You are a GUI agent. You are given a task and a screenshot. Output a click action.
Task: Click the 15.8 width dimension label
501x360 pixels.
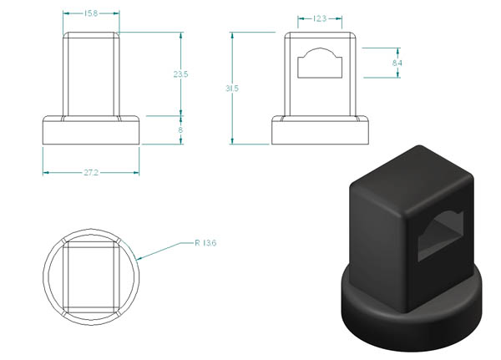coord(91,13)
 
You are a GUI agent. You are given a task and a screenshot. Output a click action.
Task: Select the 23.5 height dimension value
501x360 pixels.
coord(181,74)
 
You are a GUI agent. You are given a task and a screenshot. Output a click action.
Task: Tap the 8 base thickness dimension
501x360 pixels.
coord(180,129)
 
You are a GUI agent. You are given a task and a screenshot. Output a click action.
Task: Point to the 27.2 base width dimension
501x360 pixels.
coord(91,173)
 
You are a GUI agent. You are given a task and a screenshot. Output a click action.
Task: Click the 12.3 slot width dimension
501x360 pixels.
coord(320,18)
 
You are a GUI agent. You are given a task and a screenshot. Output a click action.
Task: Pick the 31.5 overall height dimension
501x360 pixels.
coord(232,89)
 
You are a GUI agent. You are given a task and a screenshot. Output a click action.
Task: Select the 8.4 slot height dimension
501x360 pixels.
coord(397,63)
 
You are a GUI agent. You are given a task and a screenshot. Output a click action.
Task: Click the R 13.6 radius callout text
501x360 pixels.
coord(205,243)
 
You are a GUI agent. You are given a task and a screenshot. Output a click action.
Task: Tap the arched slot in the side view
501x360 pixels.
coord(320,63)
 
